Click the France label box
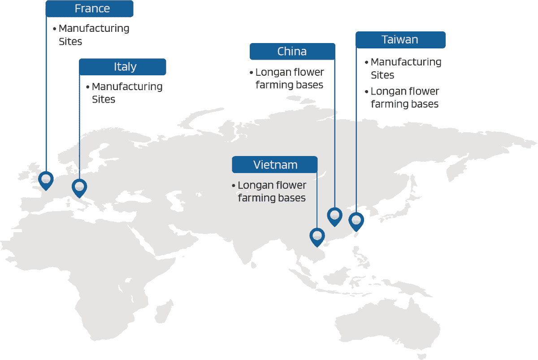point(89,9)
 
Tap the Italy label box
point(122,67)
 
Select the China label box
point(292,52)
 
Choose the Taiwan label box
point(401,40)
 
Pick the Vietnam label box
point(275,165)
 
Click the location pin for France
point(46,181)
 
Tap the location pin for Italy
point(79,188)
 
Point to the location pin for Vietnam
point(317,238)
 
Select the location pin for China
point(334,217)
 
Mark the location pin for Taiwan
point(356,222)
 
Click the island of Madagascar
point(164,312)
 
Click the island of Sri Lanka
point(254,265)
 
